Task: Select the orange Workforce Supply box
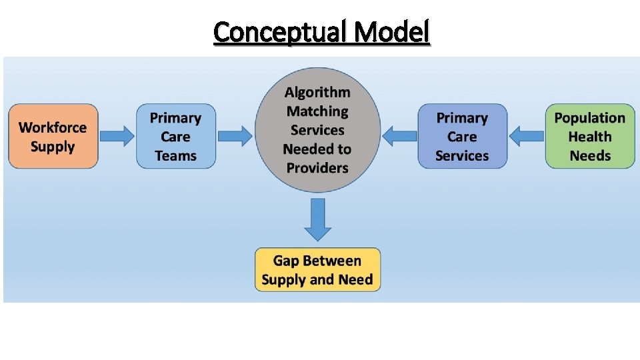tap(53, 136)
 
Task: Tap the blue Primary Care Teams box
tap(176, 136)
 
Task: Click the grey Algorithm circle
tap(317, 129)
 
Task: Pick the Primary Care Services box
tap(462, 136)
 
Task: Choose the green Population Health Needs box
tap(590, 136)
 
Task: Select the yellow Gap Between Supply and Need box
tap(317, 270)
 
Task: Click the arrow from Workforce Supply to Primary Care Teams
tap(117, 136)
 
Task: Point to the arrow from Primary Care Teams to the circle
tap(235, 137)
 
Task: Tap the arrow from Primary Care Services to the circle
tap(400, 137)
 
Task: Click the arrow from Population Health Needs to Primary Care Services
tap(527, 136)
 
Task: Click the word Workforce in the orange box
tap(53, 127)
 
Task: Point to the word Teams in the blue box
tap(176, 156)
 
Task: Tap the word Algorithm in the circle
tap(317, 93)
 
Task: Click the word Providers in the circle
tap(317, 167)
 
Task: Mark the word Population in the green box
tap(590, 118)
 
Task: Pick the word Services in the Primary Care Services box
tap(462, 156)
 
